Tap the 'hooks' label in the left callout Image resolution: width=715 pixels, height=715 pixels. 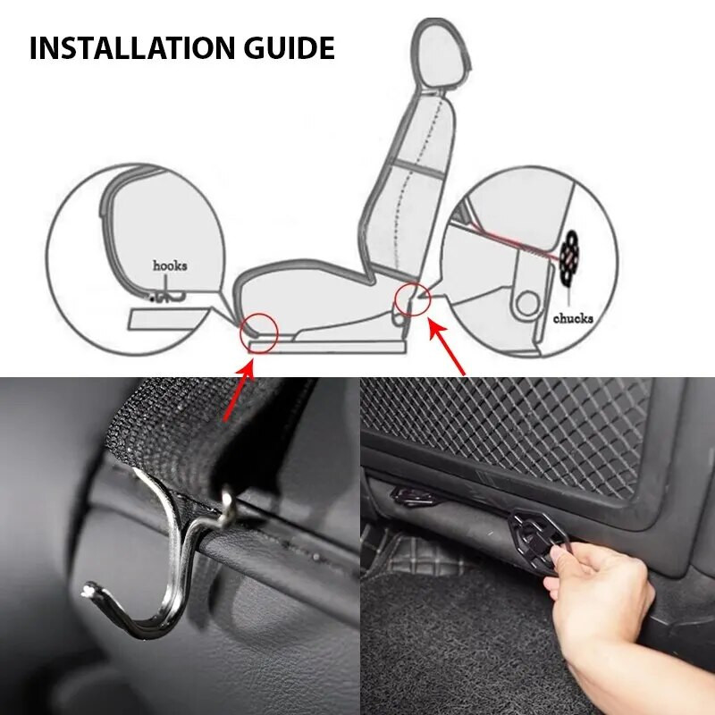coord(170,265)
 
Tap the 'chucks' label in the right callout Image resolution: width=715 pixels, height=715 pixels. coord(573,318)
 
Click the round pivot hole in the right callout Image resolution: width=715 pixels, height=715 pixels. coord(528,302)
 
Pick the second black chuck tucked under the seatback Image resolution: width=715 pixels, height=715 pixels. coord(413,494)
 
